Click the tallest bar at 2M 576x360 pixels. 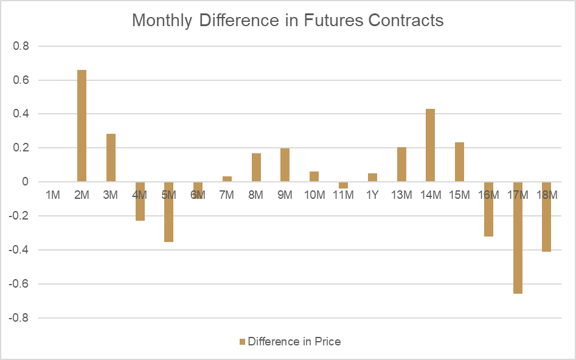[82, 126]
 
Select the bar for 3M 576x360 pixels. [111, 157]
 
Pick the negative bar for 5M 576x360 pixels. [168, 212]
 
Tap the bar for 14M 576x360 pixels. [431, 145]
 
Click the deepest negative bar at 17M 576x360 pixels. [518, 238]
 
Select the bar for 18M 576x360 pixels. [546, 216]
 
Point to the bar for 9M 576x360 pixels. [285, 165]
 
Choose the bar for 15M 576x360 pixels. [459, 162]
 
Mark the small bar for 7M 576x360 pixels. [227, 179]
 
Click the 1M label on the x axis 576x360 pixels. [53, 195]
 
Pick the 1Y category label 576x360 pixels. [372, 195]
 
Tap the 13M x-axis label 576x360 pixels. [401, 195]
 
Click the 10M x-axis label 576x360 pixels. [314, 195]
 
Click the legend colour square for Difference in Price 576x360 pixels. [241, 342]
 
